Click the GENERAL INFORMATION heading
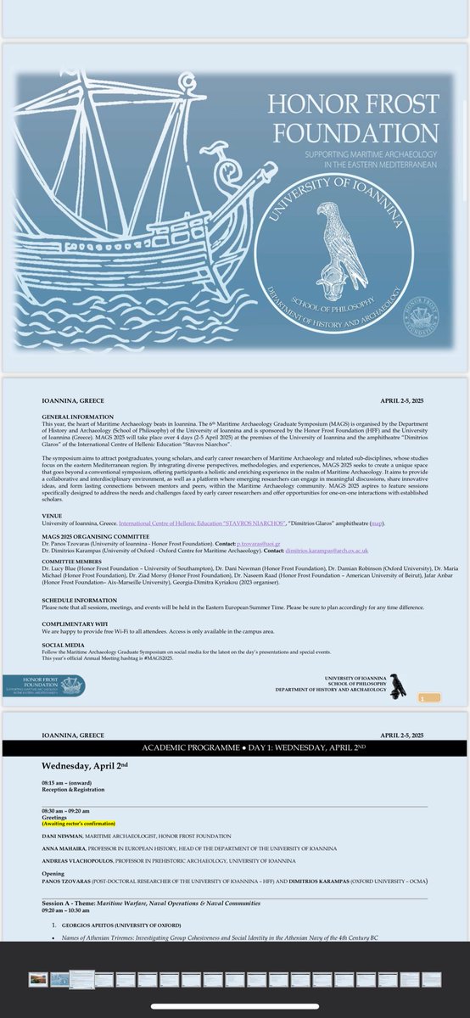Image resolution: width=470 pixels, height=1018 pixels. [73, 417]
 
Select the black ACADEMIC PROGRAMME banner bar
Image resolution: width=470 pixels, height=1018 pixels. [234, 747]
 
